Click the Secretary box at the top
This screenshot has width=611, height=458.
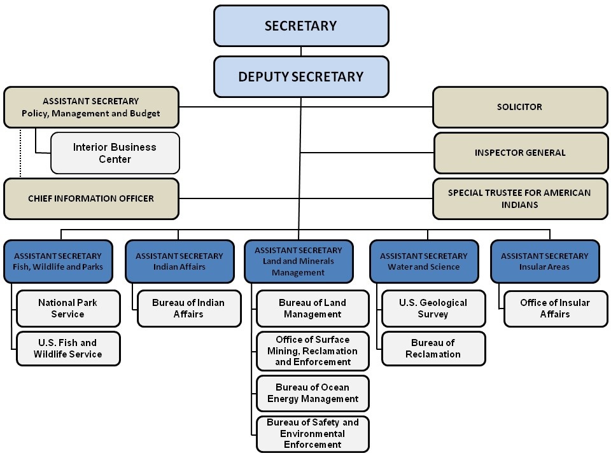coord(301,25)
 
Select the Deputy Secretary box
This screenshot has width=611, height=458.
coord(301,77)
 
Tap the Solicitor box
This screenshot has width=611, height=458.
coord(520,107)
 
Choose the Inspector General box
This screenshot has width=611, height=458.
coord(521,153)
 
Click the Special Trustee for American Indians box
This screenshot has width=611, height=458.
coord(520,198)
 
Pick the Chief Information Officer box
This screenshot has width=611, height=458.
coord(91,198)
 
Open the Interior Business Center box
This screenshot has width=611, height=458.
coord(115,153)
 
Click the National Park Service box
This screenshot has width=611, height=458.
coord(68,309)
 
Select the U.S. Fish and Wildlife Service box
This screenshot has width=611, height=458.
coord(68,349)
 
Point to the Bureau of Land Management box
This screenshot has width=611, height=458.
coord(313,309)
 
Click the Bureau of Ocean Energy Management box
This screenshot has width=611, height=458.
coord(313,393)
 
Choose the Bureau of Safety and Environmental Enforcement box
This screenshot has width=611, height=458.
coord(313,434)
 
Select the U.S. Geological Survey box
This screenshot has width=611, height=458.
coord(433,309)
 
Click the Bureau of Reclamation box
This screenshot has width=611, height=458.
coord(433,349)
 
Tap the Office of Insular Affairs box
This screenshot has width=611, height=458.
coord(556,309)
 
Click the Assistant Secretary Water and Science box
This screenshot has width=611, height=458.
coord(424,261)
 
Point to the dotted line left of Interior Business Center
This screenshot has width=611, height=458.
coord(20,153)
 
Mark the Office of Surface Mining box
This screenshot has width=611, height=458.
coord(313,351)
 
